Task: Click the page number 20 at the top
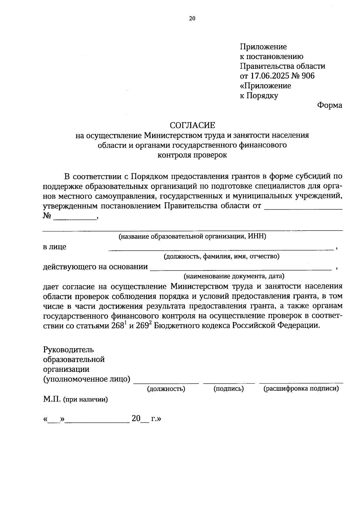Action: [x=192, y=18]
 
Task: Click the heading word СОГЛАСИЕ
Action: [x=192, y=125]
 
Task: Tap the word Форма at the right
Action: [x=330, y=105]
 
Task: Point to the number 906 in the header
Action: [x=308, y=76]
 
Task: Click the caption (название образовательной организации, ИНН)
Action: [x=192, y=236]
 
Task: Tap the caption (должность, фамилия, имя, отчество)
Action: [x=221, y=256]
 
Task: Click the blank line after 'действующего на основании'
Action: [x=240, y=269]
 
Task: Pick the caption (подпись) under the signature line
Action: [x=229, y=389]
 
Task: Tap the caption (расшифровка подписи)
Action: [x=301, y=389]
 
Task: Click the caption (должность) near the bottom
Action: [x=166, y=389]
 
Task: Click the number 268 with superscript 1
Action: [x=118, y=326]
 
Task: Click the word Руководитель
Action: [x=68, y=350]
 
